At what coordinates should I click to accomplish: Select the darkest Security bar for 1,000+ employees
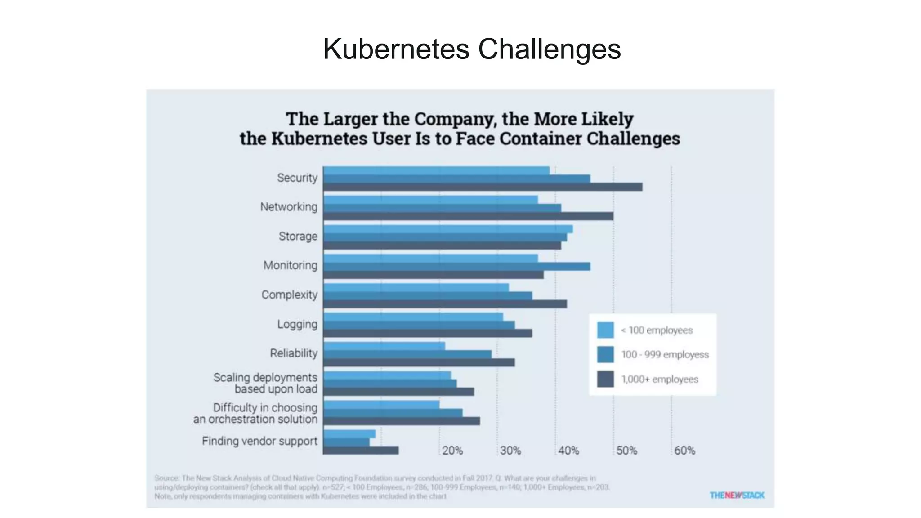point(483,187)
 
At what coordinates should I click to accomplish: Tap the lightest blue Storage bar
point(448,229)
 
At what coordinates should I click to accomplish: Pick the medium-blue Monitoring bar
point(456,267)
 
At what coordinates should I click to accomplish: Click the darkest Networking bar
point(468,216)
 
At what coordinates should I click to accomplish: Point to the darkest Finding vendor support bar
point(361,450)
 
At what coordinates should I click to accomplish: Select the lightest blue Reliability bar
point(384,346)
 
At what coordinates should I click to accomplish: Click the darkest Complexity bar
point(445,304)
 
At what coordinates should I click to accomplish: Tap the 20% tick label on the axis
point(452,451)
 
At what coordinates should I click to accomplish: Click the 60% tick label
point(684,451)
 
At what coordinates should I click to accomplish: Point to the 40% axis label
point(568,451)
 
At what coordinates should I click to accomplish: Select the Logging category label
point(297,324)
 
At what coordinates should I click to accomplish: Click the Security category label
point(297,178)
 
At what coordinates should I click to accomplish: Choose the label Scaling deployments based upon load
point(265,383)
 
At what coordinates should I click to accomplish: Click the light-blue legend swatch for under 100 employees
point(605,330)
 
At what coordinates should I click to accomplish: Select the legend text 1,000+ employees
point(660,380)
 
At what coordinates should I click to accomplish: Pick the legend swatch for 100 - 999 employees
point(605,355)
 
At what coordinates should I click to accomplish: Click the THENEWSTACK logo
point(737,495)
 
